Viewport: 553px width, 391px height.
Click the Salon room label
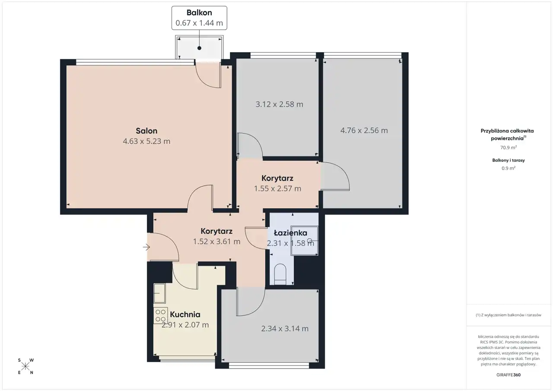(x=146, y=130)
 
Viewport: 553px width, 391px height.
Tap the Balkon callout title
(x=199, y=13)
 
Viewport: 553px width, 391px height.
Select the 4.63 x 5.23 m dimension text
(x=146, y=141)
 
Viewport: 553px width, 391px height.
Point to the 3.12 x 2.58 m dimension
(x=279, y=104)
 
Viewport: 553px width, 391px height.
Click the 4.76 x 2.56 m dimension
(x=364, y=130)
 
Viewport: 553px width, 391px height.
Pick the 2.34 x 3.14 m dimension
(x=285, y=328)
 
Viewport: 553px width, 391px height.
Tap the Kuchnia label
(x=185, y=315)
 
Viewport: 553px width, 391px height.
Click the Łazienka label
(x=291, y=233)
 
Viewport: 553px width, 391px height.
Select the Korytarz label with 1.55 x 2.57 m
(x=277, y=178)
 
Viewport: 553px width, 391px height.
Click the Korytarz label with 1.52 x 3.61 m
(x=216, y=231)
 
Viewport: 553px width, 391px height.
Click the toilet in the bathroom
(x=280, y=274)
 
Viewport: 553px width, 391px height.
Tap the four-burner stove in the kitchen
(x=160, y=315)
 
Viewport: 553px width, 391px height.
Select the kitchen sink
(x=159, y=293)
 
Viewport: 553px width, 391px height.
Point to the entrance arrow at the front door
(x=146, y=247)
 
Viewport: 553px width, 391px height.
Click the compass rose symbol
(x=25, y=366)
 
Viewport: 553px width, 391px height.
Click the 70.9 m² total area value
(x=509, y=147)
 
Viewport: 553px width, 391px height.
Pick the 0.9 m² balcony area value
(x=509, y=168)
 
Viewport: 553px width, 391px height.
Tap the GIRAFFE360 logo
(x=509, y=375)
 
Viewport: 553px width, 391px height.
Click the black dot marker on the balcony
(x=199, y=48)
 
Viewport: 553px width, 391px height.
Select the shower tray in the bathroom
(x=305, y=240)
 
